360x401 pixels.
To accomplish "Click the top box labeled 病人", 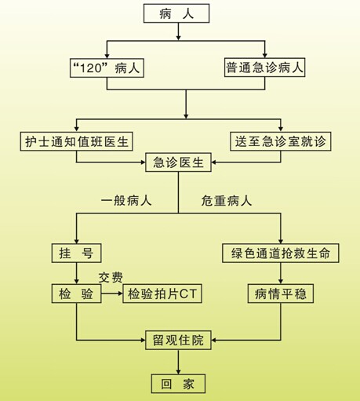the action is click(176, 13).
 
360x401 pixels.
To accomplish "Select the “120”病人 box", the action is click(107, 68).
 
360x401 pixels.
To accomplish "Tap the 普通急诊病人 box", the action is click(264, 67).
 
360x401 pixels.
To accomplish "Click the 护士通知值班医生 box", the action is click(76, 141).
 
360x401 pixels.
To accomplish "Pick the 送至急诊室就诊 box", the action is click(281, 141).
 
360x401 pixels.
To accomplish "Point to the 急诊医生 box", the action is click(178, 162).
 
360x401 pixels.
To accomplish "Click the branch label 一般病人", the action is click(126, 201).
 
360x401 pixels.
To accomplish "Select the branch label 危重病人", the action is click(227, 201).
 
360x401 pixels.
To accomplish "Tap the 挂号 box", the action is click(76, 253).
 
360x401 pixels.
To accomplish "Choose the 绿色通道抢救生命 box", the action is click(281, 253).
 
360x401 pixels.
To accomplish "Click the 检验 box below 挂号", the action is click(76, 293).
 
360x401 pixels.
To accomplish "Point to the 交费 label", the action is click(111, 278).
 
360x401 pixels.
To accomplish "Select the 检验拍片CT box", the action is click(162, 293).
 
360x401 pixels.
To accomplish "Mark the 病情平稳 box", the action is click(281, 293).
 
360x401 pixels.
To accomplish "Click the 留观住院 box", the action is click(178, 341).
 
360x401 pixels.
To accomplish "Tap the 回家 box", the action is click(178, 384).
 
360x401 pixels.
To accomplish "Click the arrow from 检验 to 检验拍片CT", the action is click(112, 293).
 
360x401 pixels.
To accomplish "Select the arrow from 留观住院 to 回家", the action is click(178, 362).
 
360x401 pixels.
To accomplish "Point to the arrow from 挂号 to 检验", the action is click(76, 273).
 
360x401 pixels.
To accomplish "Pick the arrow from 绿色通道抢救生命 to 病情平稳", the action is click(281, 273).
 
